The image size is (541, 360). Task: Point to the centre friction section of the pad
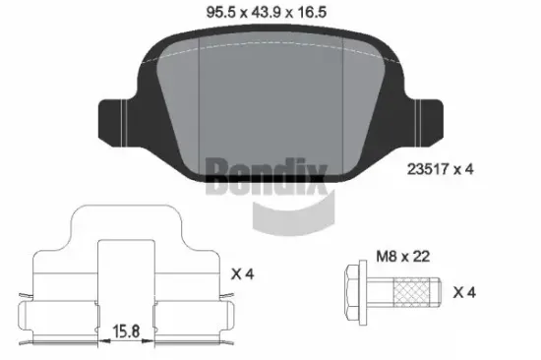(270, 108)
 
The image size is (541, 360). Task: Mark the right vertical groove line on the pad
(340, 108)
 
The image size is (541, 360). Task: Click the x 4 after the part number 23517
(464, 168)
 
